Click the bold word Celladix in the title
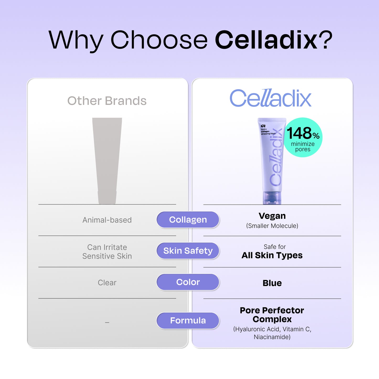pyautogui.click(x=266, y=40)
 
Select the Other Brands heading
pyautogui.click(x=107, y=101)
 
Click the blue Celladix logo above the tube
pyautogui.click(x=271, y=98)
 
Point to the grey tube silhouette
pyautogui.click(x=107, y=161)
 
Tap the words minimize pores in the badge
pyautogui.click(x=303, y=147)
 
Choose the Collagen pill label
pyautogui.click(x=188, y=220)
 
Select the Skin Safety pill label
pyautogui.click(x=188, y=251)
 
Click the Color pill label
pyautogui.click(x=188, y=282)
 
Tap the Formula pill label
pyautogui.click(x=188, y=321)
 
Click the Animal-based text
pyautogui.click(x=107, y=220)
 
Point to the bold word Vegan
pyautogui.click(x=272, y=216)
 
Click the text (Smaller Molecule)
pyautogui.click(x=272, y=226)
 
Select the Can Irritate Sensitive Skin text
pyautogui.click(x=107, y=252)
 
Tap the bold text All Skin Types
pyautogui.click(x=272, y=255)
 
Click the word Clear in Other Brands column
pyautogui.click(x=107, y=283)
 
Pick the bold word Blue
pyautogui.click(x=272, y=283)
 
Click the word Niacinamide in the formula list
pyautogui.click(x=272, y=337)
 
